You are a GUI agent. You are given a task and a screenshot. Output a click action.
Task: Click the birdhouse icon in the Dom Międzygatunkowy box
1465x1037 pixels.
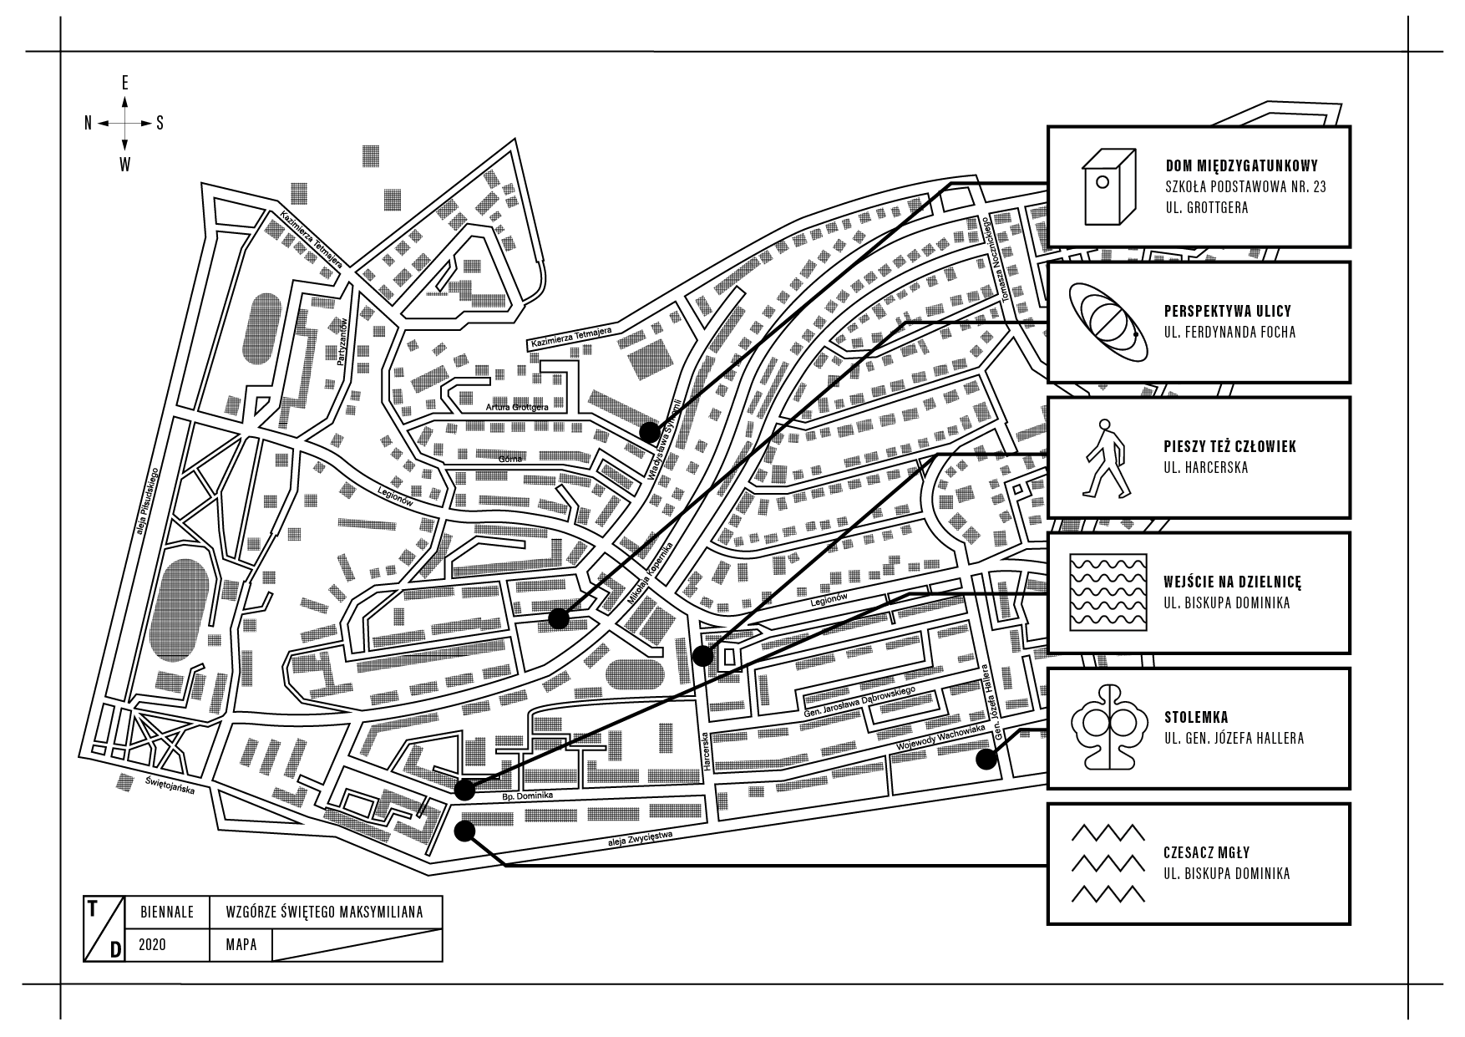(x=1109, y=187)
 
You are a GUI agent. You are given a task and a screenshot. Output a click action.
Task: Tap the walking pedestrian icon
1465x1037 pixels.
(x=1104, y=458)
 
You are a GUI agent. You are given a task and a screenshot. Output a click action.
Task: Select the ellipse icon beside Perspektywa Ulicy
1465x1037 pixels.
(x=1108, y=322)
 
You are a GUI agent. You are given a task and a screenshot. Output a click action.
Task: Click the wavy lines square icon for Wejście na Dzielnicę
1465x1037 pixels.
(x=1108, y=592)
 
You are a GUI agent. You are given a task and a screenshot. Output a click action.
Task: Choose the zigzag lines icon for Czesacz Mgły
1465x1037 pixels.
(x=1108, y=863)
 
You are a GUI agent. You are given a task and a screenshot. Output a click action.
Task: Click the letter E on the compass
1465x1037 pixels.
(x=125, y=83)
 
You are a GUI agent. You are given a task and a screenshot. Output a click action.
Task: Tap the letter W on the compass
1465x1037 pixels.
(x=125, y=165)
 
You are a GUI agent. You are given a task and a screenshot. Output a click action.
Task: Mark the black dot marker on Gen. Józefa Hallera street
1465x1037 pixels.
(x=986, y=759)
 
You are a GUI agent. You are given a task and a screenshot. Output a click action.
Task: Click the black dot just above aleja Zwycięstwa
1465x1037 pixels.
(x=465, y=831)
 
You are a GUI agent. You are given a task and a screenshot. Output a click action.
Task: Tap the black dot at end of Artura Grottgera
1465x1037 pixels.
(x=649, y=432)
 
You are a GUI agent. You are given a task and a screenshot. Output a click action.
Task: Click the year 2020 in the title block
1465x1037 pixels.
(x=153, y=945)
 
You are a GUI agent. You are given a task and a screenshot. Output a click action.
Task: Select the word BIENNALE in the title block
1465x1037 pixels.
(x=167, y=912)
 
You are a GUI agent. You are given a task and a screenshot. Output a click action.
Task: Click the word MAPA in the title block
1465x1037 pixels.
(x=241, y=945)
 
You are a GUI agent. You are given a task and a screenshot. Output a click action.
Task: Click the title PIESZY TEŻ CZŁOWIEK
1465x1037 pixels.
(x=1230, y=446)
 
